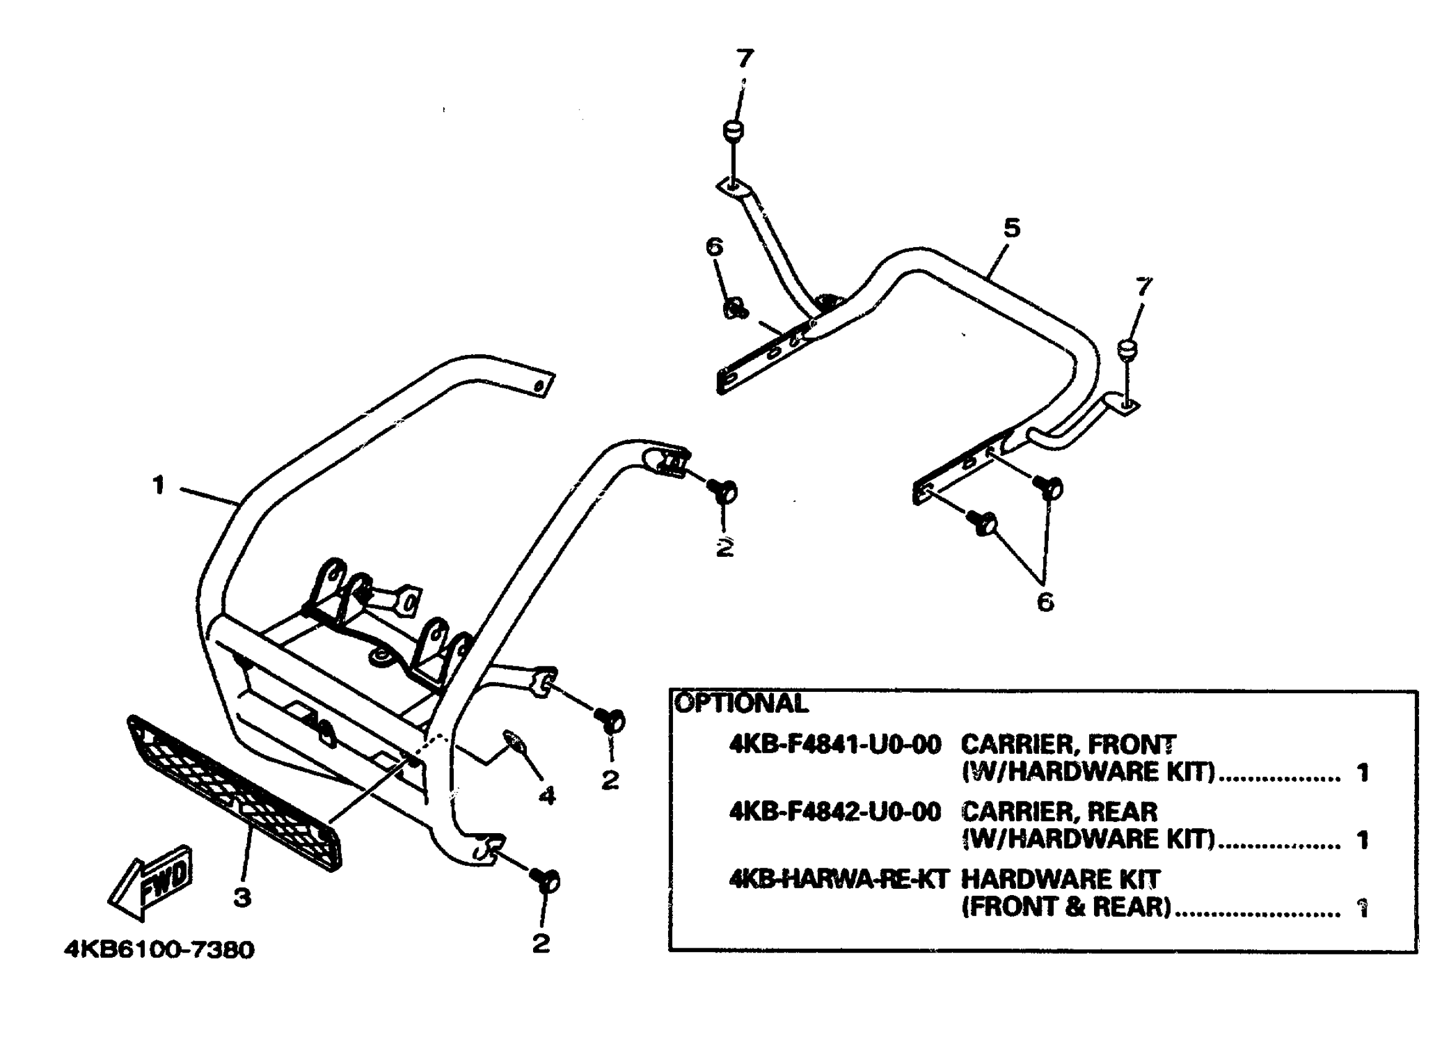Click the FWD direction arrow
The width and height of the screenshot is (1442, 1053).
tap(151, 883)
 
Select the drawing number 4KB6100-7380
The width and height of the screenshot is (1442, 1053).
tap(159, 950)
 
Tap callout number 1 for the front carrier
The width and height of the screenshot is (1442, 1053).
tap(159, 486)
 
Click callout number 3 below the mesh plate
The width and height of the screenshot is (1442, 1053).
tap(242, 898)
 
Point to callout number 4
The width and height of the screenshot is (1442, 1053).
tap(547, 795)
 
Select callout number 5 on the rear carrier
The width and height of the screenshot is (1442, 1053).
tap(1012, 228)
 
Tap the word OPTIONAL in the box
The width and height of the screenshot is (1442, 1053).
tap(741, 704)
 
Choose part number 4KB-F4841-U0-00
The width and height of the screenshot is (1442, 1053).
tap(835, 745)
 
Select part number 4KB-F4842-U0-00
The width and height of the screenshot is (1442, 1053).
tap(835, 812)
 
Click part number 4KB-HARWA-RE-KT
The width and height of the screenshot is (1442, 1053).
tap(838, 880)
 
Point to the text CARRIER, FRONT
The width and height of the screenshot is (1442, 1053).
tap(1068, 745)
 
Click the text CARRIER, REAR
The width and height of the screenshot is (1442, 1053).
tap(1059, 812)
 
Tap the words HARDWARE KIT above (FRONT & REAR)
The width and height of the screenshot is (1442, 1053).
tap(1061, 880)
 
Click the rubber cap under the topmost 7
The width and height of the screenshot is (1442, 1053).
tap(734, 131)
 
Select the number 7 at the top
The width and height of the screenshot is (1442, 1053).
tap(744, 59)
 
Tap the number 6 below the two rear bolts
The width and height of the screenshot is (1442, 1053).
tap(1045, 601)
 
